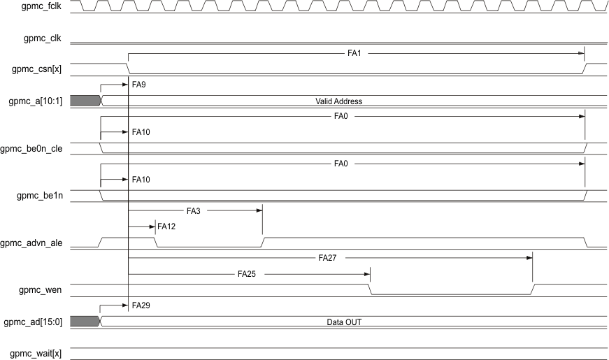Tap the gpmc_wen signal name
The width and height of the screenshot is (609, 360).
click(x=43, y=289)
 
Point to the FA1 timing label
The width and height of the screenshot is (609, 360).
click(x=354, y=53)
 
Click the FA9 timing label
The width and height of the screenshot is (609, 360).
click(x=138, y=84)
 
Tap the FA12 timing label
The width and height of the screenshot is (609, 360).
click(x=166, y=226)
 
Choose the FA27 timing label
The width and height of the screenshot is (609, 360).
click(x=327, y=258)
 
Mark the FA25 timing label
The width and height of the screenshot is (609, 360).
click(x=247, y=274)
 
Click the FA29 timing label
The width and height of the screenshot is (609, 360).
click(x=141, y=305)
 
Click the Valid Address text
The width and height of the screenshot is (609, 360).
click(x=338, y=101)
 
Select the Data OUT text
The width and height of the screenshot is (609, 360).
click(x=343, y=322)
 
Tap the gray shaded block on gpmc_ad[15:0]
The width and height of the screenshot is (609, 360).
click(x=85, y=322)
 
